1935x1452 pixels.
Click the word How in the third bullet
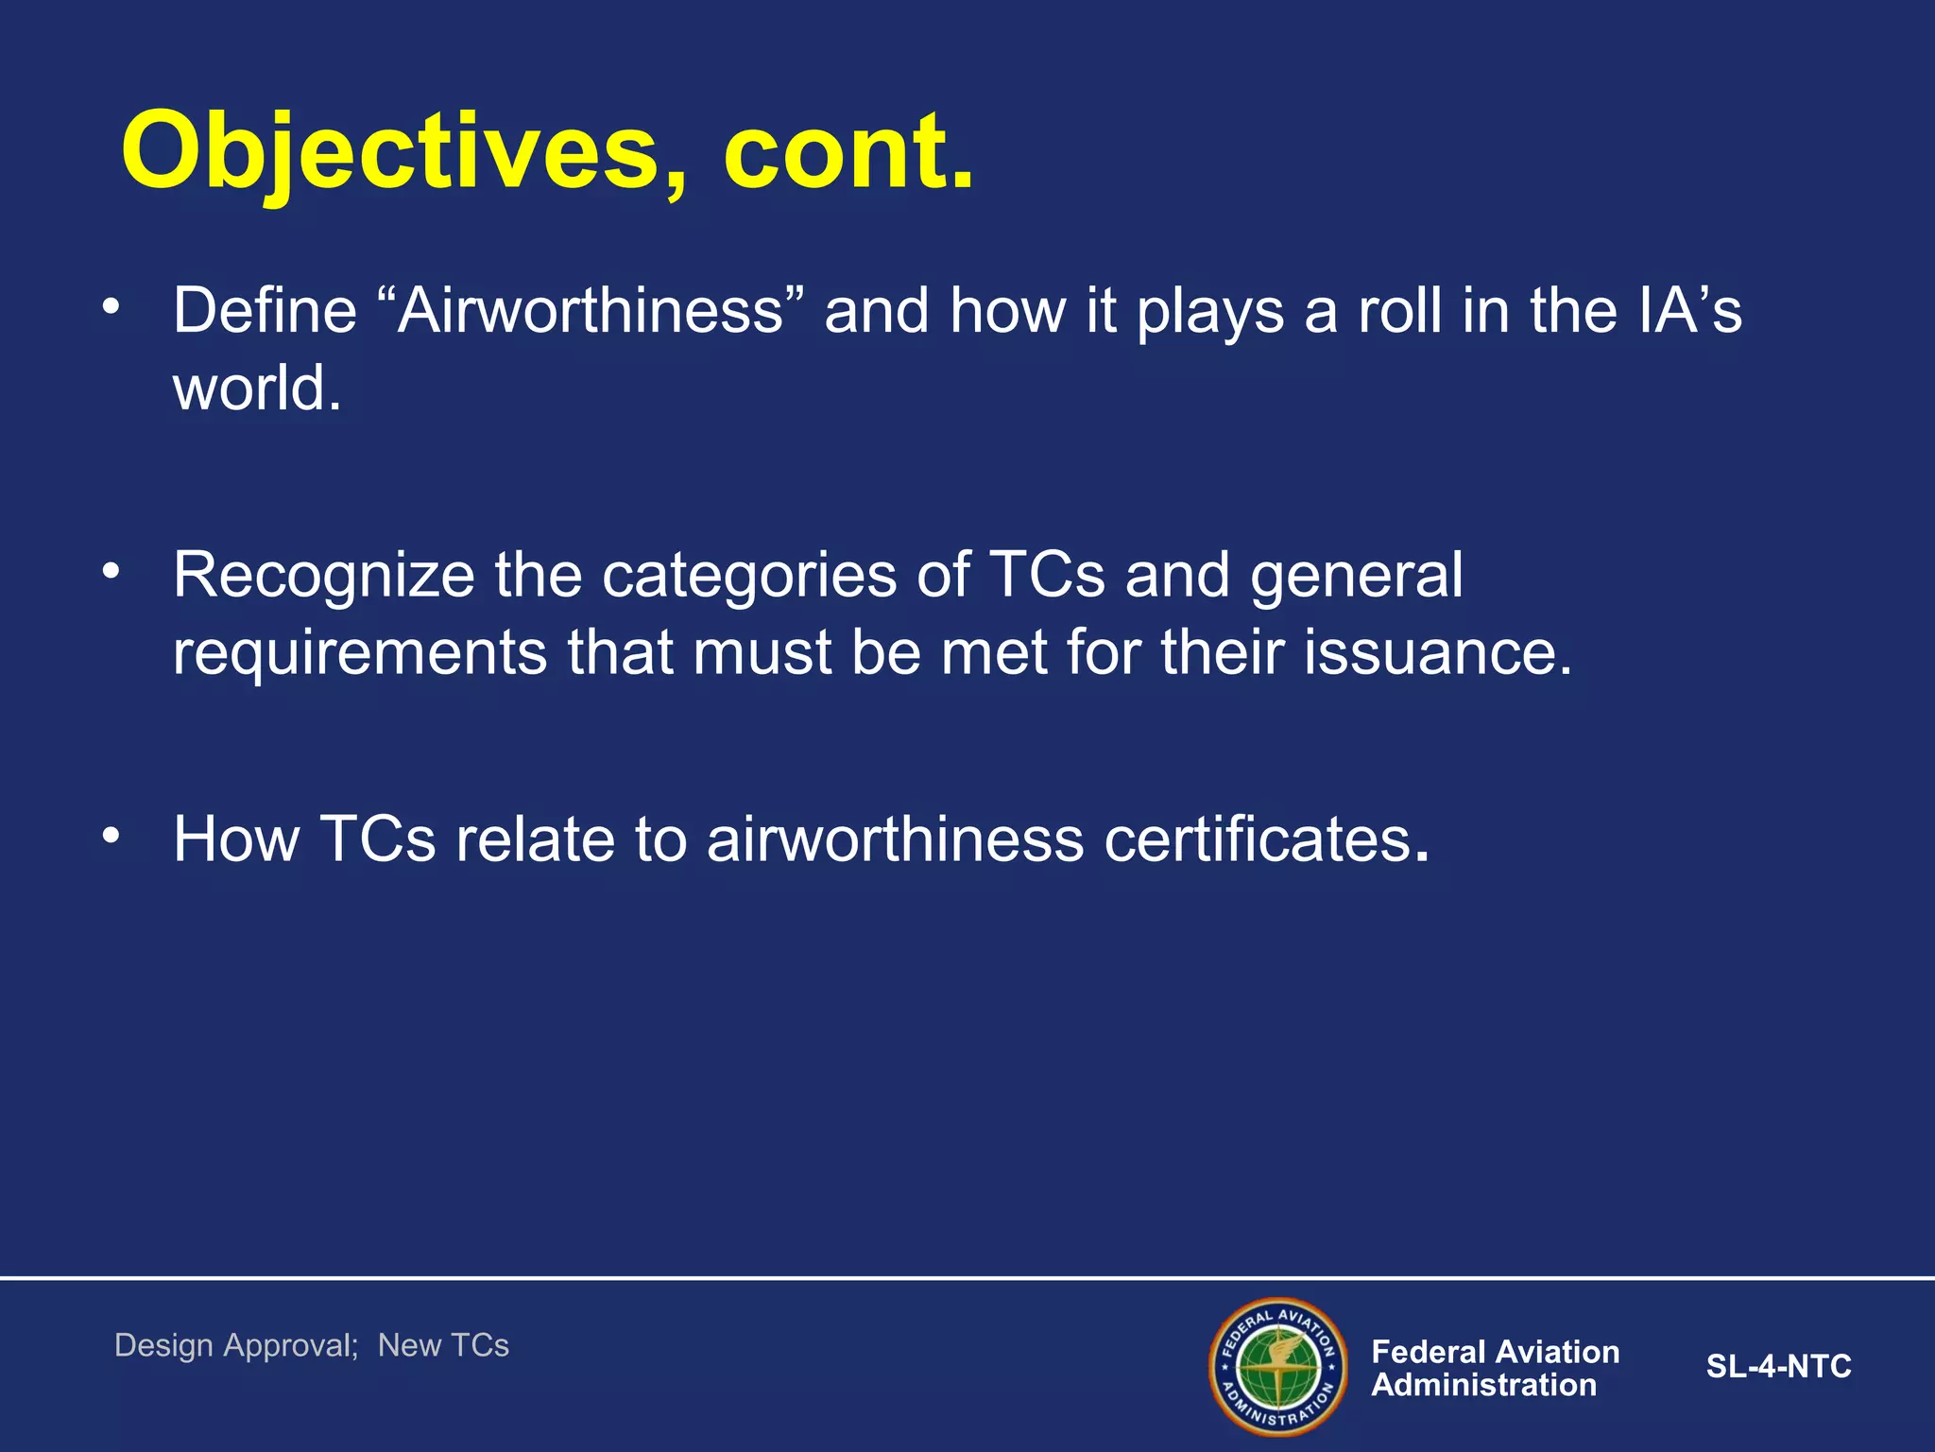click(x=236, y=838)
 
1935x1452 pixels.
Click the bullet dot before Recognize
click(x=111, y=570)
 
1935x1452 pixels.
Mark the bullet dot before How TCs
click(x=111, y=834)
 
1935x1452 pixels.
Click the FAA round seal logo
click(x=1277, y=1366)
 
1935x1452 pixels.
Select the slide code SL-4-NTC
click(x=1778, y=1367)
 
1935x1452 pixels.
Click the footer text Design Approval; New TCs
click(x=312, y=1345)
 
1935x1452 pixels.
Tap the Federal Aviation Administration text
click(x=1495, y=1368)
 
